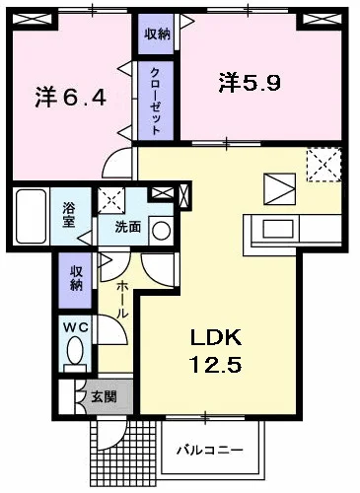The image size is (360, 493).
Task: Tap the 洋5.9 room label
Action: click(x=250, y=84)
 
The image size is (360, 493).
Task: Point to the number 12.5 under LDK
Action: click(x=215, y=364)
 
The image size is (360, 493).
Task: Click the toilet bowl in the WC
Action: click(x=75, y=353)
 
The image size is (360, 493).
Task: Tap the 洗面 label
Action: click(x=126, y=228)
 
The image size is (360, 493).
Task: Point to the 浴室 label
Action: click(x=70, y=215)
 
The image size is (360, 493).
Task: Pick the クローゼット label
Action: click(x=156, y=100)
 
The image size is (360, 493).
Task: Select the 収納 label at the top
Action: click(x=158, y=35)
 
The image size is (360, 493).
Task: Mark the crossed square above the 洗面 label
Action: click(x=111, y=198)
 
